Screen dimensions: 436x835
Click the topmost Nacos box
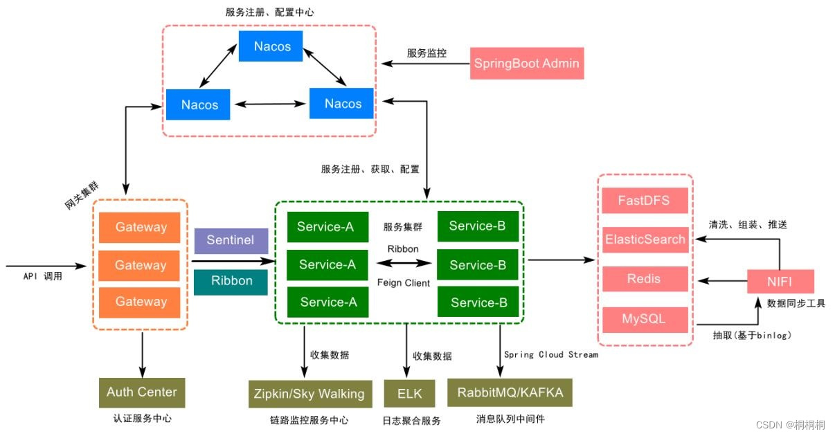271,46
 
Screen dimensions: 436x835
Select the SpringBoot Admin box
526,64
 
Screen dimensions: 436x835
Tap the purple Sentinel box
231,240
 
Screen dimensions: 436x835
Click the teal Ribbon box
231,282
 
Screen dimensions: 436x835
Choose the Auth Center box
142,392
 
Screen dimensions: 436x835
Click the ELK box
409,394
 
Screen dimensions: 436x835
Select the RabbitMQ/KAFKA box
510,392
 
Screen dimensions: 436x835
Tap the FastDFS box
645,201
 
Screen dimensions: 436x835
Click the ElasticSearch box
645,239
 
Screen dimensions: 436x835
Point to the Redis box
645,279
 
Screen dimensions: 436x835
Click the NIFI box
780,282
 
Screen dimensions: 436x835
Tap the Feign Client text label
404,282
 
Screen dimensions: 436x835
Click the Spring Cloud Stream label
550,354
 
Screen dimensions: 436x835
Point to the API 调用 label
43,276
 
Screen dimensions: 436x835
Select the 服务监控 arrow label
427,53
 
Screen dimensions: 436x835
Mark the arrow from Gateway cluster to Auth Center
142,354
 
